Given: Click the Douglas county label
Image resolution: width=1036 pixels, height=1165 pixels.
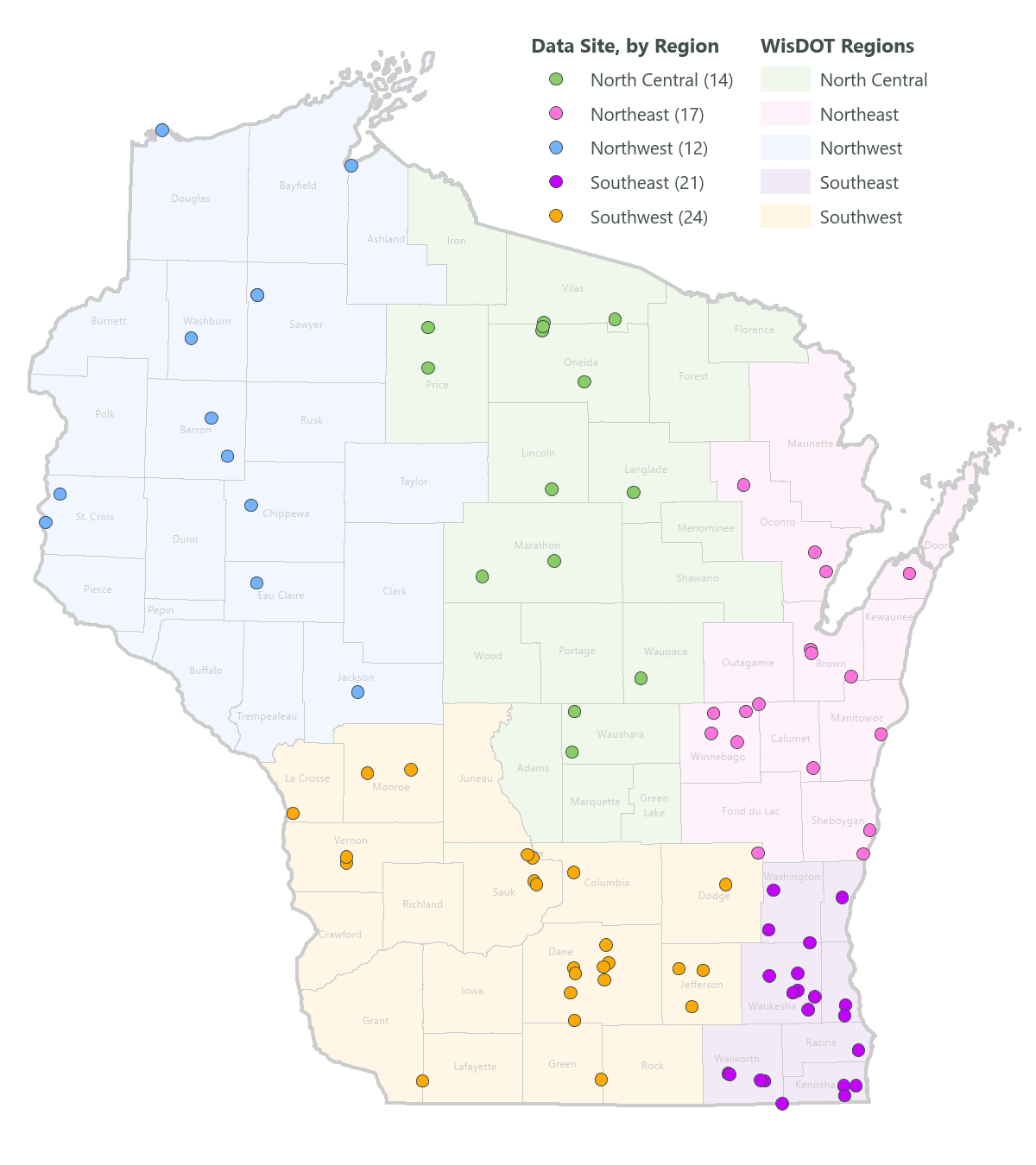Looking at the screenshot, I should click(190, 198).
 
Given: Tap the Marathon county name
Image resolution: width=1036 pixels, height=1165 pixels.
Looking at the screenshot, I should click(537, 545).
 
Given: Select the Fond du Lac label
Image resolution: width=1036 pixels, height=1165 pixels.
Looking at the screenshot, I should click(750, 811).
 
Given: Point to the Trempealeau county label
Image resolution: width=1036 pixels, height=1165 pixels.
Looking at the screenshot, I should click(267, 716).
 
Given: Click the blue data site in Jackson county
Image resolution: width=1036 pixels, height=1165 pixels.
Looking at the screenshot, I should click(357, 692).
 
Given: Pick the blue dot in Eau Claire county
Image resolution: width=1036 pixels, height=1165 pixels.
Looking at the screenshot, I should click(256, 583).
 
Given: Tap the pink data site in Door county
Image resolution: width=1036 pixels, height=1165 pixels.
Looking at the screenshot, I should click(909, 573).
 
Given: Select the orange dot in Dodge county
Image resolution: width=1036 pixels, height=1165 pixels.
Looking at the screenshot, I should click(725, 885).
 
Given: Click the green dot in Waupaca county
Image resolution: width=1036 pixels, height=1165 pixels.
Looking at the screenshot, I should click(641, 678).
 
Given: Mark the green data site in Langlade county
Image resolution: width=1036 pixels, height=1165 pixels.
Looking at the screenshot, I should click(633, 492).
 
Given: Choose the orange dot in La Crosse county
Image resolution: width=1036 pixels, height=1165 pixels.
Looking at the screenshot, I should click(293, 813).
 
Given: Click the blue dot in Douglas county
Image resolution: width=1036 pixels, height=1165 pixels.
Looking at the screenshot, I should click(161, 130).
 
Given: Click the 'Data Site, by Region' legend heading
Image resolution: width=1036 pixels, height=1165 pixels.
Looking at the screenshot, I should click(625, 47).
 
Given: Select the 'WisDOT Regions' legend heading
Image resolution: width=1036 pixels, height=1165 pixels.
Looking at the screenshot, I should click(837, 47).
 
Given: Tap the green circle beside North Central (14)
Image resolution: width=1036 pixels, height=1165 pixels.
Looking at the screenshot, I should click(556, 79).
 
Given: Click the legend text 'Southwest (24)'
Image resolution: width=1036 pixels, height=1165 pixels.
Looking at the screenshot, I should click(648, 217).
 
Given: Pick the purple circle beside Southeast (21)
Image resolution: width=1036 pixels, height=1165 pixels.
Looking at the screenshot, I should click(556, 182).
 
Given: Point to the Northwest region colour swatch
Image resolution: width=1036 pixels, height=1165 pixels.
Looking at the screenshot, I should click(785, 148).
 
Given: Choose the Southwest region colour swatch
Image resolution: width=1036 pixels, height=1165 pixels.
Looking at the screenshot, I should click(785, 217).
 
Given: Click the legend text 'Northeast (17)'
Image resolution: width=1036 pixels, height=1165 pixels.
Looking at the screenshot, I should click(647, 115).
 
